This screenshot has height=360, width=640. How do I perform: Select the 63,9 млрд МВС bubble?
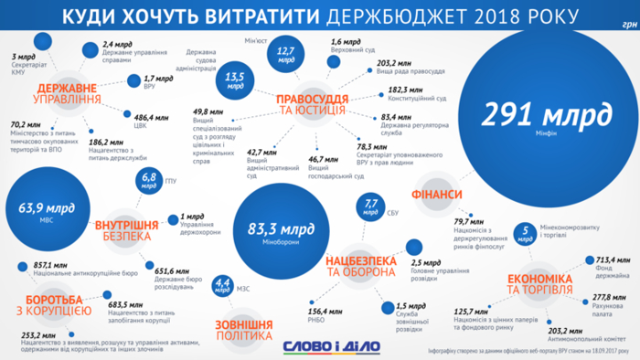pos(40,212)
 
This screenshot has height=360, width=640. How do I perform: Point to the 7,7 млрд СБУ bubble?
pos(372,206)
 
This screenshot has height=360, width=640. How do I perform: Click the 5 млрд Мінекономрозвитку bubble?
pos(525,232)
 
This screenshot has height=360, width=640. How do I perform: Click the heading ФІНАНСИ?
pos(436,196)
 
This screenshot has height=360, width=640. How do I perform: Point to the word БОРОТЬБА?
pos(52,298)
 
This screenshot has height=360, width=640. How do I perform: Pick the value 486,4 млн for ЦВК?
pos(152,117)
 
